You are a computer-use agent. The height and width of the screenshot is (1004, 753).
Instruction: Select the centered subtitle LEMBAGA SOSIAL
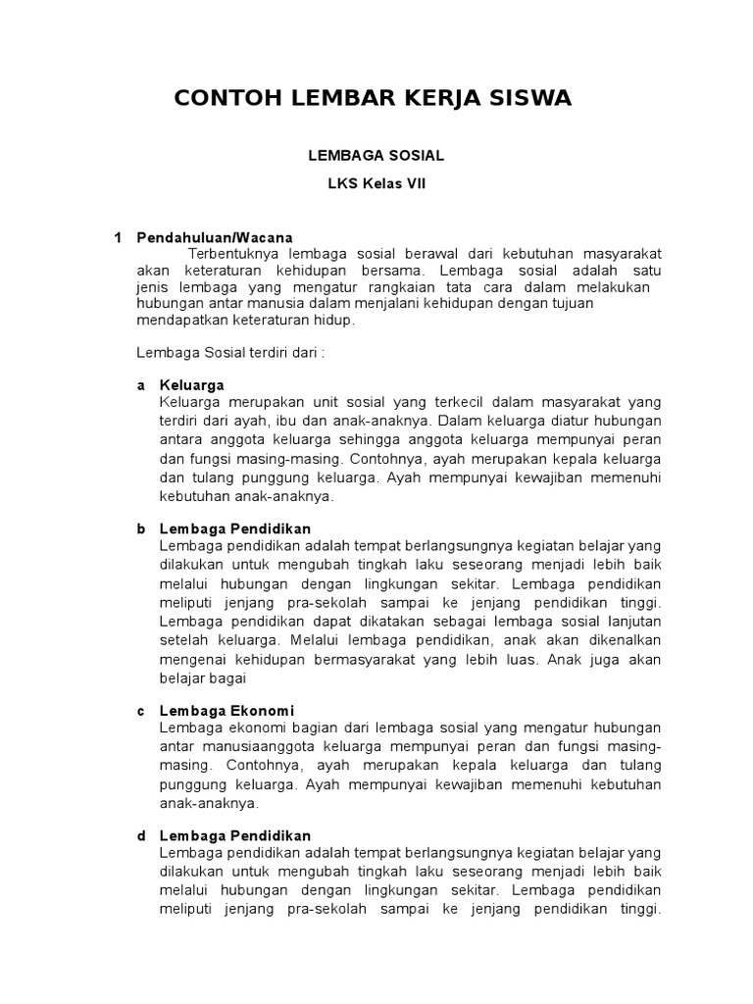pyautogui.click(x=376, y=155)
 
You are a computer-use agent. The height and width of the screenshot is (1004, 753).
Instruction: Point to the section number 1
pyautogui.click(x=118, y=237)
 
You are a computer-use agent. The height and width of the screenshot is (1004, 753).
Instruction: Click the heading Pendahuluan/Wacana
pyautogui.click(x=215, y=237)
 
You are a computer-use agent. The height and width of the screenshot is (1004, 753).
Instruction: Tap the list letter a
pyautogui.click(x=140, y=384)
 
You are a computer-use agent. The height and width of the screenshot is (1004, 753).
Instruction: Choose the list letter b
pyautogui.click(x=140, y=528)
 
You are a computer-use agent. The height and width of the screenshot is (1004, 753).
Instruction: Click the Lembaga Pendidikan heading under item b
pyautogui.click(x=234, y=528)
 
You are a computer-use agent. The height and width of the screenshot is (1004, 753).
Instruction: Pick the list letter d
pyautogui.click(x=140, y=835)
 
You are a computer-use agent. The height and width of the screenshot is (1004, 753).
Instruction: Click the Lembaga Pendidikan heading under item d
pyautogui.click(x=234, y=835)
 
